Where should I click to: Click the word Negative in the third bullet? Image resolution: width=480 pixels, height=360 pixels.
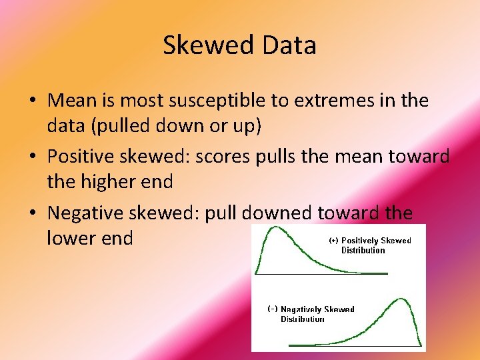(x=92, y=213)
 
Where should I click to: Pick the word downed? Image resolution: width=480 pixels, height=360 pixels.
(x=277, y=213)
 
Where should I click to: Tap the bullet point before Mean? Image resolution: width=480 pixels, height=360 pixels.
(x=32, y=101)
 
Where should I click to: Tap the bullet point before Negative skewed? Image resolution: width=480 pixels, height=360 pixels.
(x=32, y=214)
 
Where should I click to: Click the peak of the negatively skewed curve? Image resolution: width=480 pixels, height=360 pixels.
(x=401, y=300)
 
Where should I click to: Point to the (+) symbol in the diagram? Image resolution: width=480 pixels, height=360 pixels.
(x=333, y=241)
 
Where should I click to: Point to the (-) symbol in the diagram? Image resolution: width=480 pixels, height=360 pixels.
(x=272, y=309)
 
